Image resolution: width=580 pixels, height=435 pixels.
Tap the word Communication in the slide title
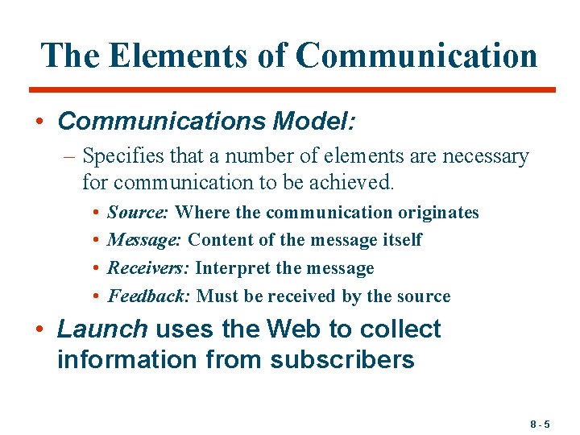coord(416,56)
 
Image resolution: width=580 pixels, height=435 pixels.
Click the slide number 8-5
coord(541,424)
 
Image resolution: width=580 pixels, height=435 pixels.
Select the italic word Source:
coord(138,213)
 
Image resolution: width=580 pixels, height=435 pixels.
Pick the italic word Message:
coord(144,240)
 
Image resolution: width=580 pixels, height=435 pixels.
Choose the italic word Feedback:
coord(149,296)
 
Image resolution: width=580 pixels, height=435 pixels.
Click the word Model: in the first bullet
coord(314,121)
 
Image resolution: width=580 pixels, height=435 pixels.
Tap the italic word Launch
coord(102,329)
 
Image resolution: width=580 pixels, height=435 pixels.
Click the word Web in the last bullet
coord(296,329)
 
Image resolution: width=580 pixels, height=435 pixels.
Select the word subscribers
coord(342,359)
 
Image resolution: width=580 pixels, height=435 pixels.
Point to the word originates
coord(438,213)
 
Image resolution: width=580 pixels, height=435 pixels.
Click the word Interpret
coord(228,267)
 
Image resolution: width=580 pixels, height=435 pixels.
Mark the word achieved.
coord(354,183)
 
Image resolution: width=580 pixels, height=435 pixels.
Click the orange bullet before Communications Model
coord(39,122)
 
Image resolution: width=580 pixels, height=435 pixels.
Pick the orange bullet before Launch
coord(39,330)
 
